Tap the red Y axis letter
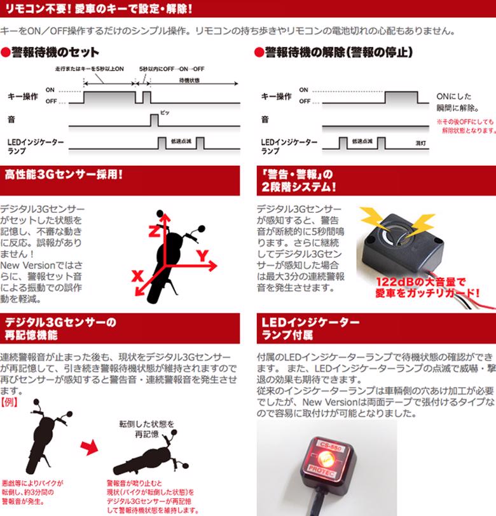(x=203, y=255)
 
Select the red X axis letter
(x=137, y=276)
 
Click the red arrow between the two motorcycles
(x=89, y=447)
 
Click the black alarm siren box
(x=403, y=244)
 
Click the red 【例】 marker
(x=9, y=402)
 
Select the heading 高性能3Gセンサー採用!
(x=64, y=174)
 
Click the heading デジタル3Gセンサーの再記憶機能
(x=60, y=329)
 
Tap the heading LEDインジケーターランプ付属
(x=310, y=329)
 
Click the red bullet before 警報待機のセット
(x=6, y=53)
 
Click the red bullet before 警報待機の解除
(x=259, y=53)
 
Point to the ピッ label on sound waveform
(x=165, y=113)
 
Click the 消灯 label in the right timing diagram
(x=420, y=143)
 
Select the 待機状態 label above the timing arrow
(x=189, y=80)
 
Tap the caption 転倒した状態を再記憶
(x=146, y=429)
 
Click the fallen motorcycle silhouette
(x=151, y=454)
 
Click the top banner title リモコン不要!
(x=39, y=8)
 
